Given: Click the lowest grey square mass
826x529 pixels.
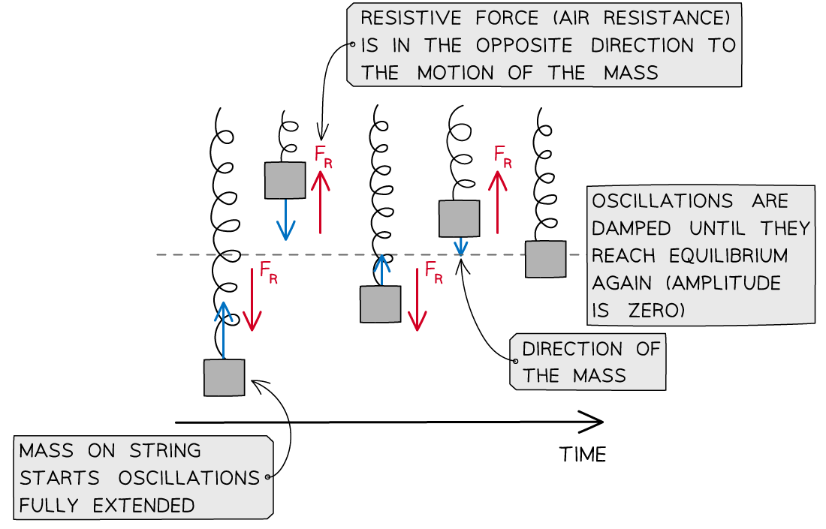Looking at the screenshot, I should [224, 377].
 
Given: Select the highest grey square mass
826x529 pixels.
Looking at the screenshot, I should [285, 181].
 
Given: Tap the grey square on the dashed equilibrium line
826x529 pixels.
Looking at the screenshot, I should [545, 259].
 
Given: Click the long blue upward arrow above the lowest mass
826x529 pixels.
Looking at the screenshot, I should [223, 330].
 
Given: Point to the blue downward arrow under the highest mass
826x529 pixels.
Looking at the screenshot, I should [285, 220].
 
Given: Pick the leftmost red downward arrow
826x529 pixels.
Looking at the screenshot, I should [253, 299].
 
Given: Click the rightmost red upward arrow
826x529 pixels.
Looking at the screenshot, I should [497, 201].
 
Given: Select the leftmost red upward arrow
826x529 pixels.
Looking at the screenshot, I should [321, 202].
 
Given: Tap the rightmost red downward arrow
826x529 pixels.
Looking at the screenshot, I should [416, 299].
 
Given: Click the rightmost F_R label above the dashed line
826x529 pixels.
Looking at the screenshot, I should [502, 157].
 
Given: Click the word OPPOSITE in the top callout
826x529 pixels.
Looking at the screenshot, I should [524, 46].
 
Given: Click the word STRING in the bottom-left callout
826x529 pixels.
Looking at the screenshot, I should [165, 451].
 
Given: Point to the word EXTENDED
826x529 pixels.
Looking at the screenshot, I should [144, 506].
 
